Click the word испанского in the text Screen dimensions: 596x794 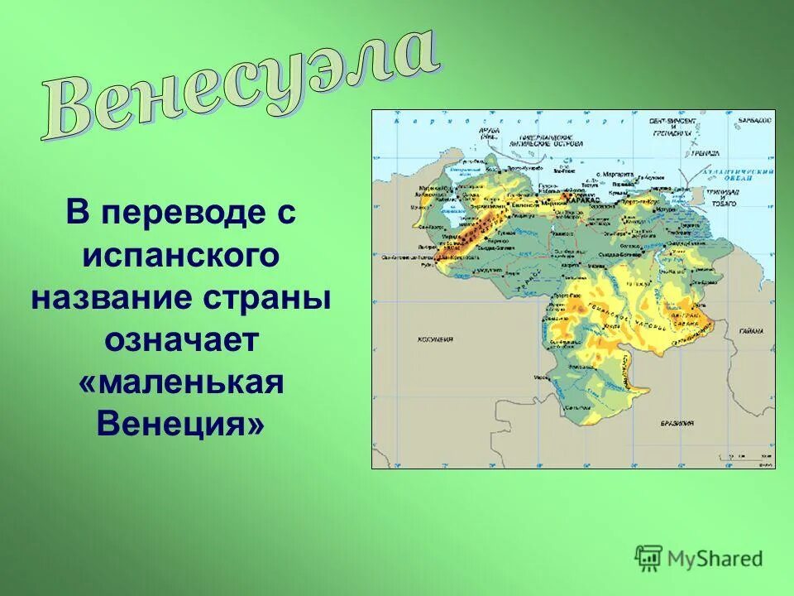pos(182,256)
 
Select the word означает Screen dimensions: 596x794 pos(182,341)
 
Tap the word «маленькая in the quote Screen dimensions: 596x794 pos(182,383)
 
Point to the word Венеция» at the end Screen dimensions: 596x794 pos(182,425)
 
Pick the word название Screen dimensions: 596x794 pos(115,299)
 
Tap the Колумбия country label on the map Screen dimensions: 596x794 pos(435,339)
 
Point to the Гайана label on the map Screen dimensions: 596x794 pos(752,331)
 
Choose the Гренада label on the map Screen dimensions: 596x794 pos(705,154)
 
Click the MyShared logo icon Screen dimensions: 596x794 pos(648,558)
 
